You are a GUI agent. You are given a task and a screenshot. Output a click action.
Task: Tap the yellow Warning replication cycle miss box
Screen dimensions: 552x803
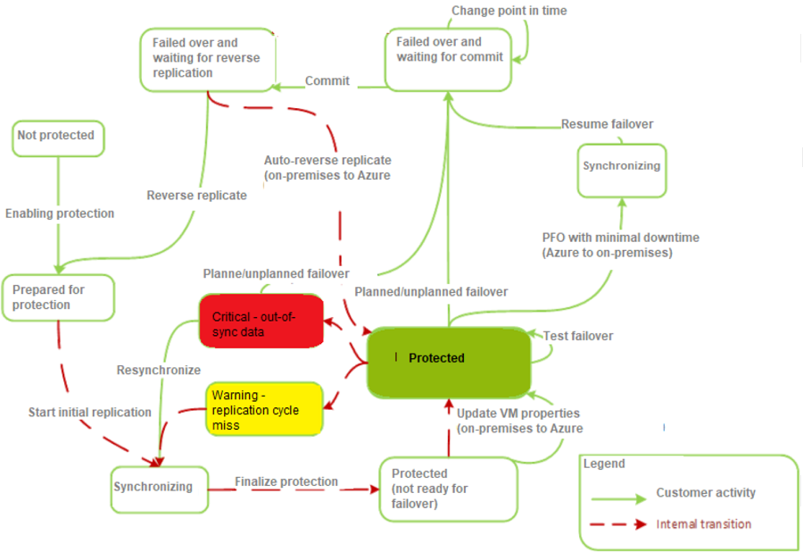tap(264, 409)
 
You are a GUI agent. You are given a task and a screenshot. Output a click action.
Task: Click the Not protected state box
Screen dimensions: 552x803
tap(57, 137)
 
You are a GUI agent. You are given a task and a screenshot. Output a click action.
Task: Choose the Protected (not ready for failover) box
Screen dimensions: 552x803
tap(448, 489)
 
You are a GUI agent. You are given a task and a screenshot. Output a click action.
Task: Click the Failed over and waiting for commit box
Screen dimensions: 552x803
tap(448, 58)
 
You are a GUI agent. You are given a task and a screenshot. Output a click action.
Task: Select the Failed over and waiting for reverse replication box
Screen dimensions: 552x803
tap(207, 59)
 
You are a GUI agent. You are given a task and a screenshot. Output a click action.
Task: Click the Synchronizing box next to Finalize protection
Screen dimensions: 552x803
tap(158, 489)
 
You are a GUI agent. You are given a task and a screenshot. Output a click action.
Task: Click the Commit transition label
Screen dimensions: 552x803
tap(327, 81)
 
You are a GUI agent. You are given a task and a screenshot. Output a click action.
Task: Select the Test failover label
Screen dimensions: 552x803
tap(578, 336)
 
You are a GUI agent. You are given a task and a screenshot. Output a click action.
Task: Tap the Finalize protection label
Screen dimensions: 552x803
tap(286, 482)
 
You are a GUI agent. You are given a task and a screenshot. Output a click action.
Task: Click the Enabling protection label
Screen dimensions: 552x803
tap(60, 213)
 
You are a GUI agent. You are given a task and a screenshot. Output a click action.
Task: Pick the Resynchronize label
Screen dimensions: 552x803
tap(159, 370)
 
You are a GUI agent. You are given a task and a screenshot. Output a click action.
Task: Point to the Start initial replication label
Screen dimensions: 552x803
tap(89, 412)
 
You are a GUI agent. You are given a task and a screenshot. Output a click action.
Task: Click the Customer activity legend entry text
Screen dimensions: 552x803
tap(706, 493)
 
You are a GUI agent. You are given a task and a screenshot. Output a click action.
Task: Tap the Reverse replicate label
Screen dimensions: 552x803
tap(196, 196)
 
